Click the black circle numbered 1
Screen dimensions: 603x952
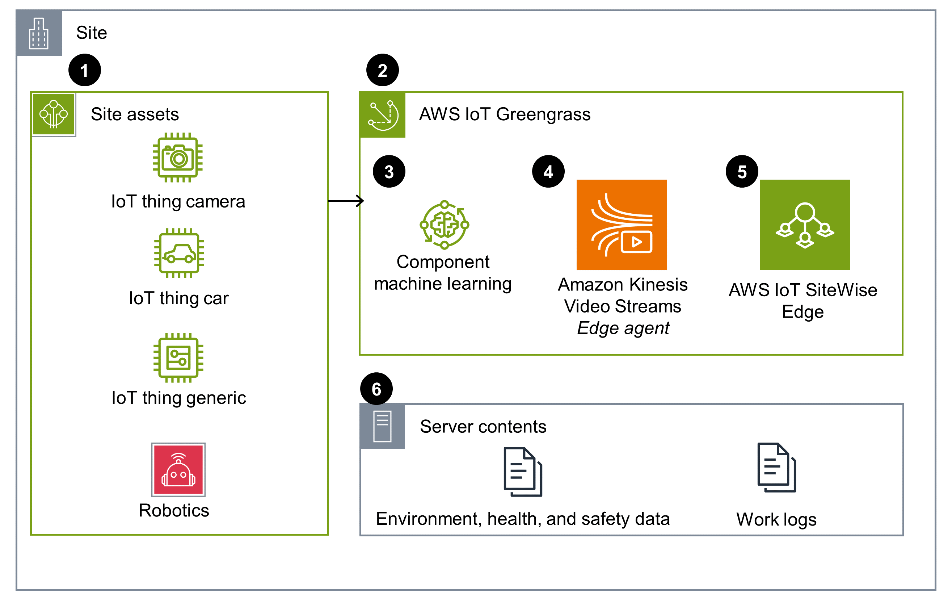click(85, 70)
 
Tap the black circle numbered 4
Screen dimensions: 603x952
click(548, 171)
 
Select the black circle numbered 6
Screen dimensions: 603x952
click(376, 389)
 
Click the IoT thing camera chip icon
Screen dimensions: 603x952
click(178, 158)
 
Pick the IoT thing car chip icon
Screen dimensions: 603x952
click(179, 253)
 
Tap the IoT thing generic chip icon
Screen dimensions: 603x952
click(178, 358)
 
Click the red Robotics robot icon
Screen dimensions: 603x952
click(178, 469)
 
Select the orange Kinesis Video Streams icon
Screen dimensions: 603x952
click(622, 225)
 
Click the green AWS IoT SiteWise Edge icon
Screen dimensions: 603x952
click(805, 225)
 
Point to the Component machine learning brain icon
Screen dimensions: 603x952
click(445, 225)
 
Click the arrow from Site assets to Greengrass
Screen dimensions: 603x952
click(346, 201)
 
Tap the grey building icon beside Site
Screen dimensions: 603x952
click(39, 33)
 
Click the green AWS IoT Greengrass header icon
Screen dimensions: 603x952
click(382, 115)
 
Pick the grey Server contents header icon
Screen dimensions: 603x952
click(382, 426)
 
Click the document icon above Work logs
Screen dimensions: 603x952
click(776, 467)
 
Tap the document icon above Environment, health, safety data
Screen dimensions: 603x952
click(523, 472)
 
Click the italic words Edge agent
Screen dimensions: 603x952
click(623, 328)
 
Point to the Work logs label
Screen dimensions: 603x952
click(776, 519)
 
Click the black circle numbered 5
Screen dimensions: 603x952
click(742, 171)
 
